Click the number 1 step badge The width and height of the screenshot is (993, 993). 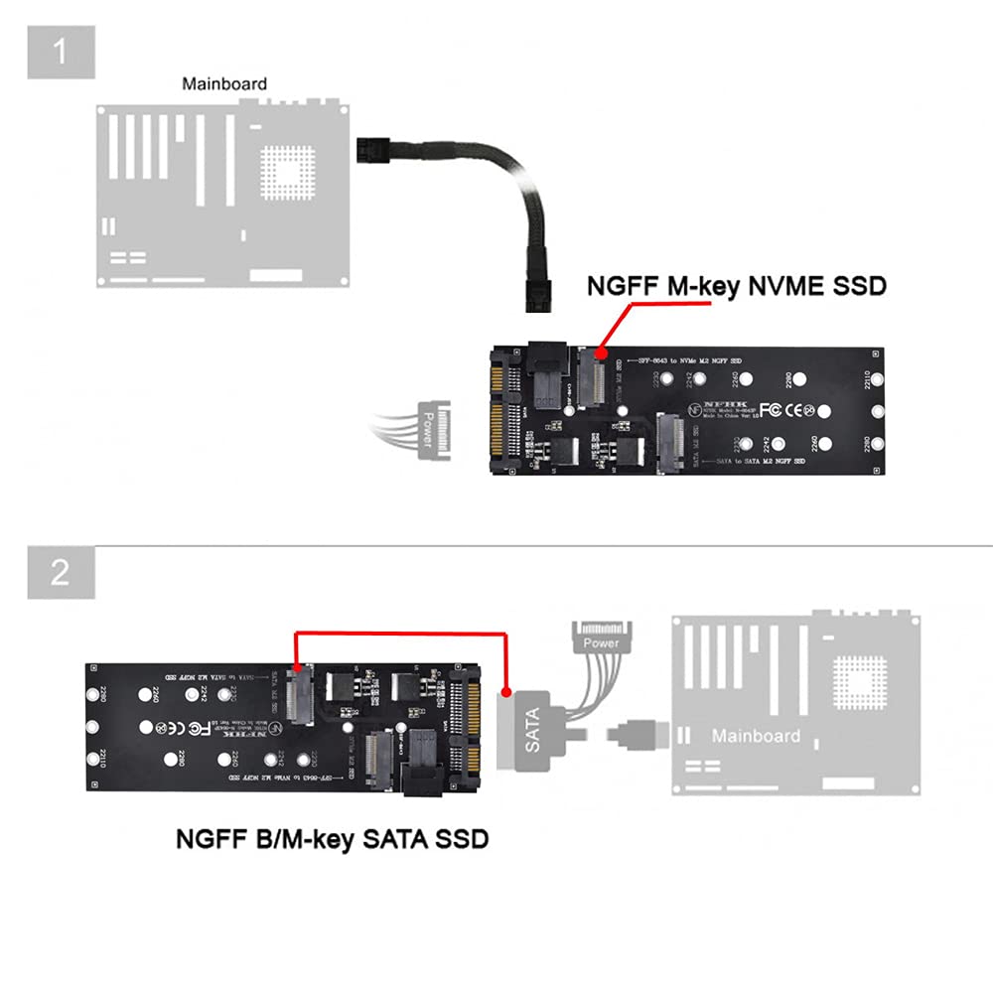[x=61, y=51]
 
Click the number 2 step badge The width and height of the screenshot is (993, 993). [x=61, y=572]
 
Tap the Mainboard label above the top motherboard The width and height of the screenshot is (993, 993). [x=223, y=84]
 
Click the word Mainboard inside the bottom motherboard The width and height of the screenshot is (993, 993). [x=755, y=736]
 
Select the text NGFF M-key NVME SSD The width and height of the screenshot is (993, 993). [x=736, y=287]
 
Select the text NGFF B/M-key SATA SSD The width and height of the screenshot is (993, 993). [x=332, y=839]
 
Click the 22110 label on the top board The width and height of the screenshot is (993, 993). [x=870, y=378]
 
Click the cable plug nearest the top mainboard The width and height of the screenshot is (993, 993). [x=370, y=152]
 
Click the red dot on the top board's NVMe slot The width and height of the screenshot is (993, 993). [x=600, y=353]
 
